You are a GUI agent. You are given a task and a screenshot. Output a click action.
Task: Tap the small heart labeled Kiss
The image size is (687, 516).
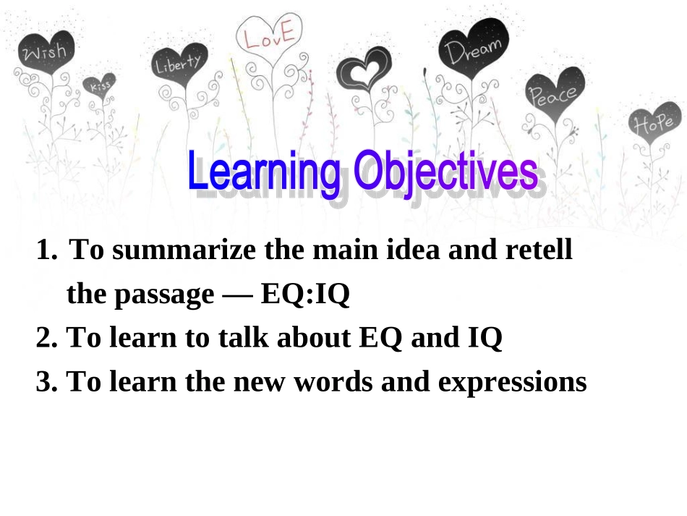(100, 85)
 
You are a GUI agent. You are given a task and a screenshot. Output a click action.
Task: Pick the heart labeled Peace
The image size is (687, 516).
(553, 92)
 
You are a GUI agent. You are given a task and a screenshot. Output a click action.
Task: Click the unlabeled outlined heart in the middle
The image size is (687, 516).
(364, 73)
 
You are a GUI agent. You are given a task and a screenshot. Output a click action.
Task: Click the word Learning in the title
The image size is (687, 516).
(264, 172)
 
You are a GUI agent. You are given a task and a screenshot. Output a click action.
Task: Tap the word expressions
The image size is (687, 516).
(512, 382)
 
